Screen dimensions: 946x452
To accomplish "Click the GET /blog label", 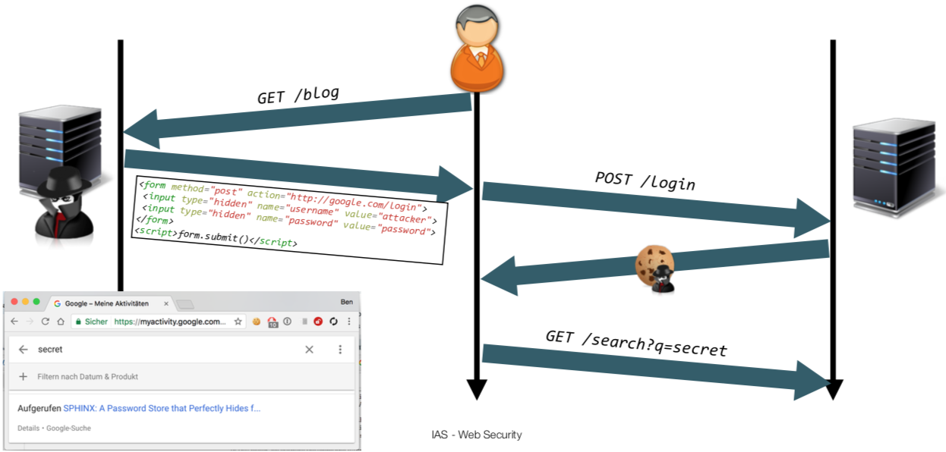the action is pos(298,96).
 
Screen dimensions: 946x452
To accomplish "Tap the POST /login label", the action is pos(645,181).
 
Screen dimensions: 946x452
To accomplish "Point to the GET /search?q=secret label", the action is pos(636,343).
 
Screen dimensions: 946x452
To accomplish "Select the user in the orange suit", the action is pos(478,49).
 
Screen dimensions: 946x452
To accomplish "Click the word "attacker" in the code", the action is pos(405,218).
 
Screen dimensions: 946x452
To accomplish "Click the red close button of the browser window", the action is pos(14,302).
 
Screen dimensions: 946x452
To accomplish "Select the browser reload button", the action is pos(46,322).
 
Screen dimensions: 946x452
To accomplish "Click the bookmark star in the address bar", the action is pos(238,322).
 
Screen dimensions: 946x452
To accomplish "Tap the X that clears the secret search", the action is pos(309,350).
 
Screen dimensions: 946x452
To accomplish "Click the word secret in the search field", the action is pos(50,350).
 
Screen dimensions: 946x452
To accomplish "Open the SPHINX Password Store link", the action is pos(162,408).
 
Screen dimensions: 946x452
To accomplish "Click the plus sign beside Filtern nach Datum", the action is pos(24,376).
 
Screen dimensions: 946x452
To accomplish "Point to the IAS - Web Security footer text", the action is pos(476,435).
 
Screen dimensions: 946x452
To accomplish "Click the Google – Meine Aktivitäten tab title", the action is pos(106,303).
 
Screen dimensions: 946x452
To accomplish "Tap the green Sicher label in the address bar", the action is pos(96,322).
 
